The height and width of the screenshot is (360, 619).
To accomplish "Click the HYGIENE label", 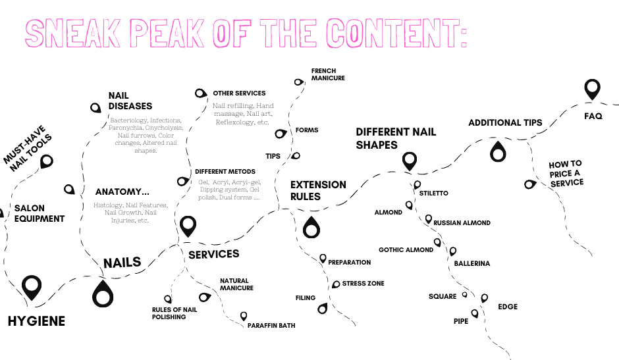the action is (x=36, y=321).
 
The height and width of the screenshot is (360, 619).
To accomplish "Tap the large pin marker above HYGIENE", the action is (x=32, y=287).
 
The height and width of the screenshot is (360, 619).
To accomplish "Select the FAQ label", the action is (x=593, y=116).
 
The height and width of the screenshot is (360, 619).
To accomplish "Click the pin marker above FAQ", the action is (x=593, y=88).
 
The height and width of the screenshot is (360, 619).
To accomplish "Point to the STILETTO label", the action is (x=433, y=193).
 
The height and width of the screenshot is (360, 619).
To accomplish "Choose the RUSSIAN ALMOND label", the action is (x=462, y=223).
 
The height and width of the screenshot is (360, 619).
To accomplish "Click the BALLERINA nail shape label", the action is (x=471, y=263).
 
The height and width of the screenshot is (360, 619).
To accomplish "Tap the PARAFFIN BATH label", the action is (x=271, y=325).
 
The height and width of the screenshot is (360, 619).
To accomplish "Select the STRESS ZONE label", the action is (x=363, y=284).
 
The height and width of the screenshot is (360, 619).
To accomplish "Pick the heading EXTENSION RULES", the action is (x=318, y=190).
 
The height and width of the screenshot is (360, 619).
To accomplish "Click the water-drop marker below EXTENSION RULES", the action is (x=311, y=228).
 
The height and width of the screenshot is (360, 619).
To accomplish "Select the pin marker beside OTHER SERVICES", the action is (x=201, y=93).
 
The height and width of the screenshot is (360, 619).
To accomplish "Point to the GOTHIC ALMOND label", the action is (x=406, y=250).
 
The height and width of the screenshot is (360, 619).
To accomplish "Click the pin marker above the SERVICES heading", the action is (x=188, y=226).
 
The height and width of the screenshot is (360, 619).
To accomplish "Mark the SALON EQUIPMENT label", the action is (x=40, y=213).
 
